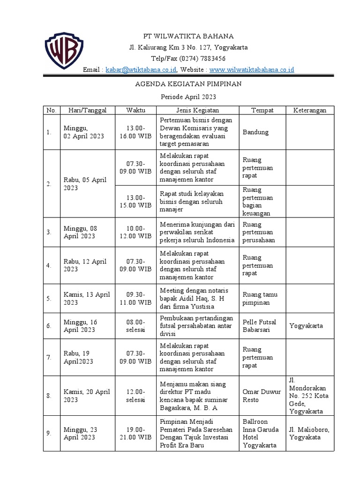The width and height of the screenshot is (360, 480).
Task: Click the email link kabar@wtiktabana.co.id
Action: tap(141, 70)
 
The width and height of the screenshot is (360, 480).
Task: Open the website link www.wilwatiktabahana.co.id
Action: tap(252, 70)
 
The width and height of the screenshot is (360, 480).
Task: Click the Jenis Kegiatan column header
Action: tap(197, 110)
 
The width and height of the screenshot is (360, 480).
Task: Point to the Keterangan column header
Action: tap(310, 110)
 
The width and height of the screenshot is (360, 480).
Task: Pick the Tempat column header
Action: tap(262, 110)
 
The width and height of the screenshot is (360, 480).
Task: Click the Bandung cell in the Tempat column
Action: tap(255, 132)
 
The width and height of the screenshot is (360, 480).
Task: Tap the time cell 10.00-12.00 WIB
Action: tap(135, 232)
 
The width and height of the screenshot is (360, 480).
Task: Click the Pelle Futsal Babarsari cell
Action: tap(260, 326)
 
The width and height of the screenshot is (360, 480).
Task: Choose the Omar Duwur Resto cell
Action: tap(262, 395)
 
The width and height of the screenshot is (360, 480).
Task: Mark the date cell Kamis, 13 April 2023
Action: tap(87, 299)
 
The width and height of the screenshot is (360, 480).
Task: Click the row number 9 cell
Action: tap(49, 434)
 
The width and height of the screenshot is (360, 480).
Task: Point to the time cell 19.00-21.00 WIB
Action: tap(135, 434)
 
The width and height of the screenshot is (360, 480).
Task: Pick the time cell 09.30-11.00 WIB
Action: tap(135, 299)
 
